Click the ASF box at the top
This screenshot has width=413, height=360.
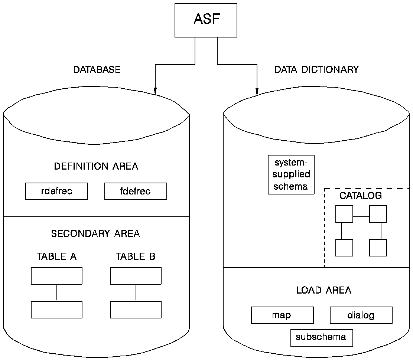click(x=206, y=20)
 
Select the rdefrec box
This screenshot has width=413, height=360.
click(x=56, y=192)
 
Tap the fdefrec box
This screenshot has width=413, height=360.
click(x=136, y=192)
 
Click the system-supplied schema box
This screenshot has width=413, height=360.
click(x=291, y=174)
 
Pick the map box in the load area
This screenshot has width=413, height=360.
click(x=282, y=315)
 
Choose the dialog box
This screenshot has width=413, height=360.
click(x=361, y=315)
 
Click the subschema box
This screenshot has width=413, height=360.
click(x=321, y=337)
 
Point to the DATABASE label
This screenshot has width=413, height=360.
click(x=97, y=70)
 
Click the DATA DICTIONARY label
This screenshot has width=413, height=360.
click(x=316, y=70)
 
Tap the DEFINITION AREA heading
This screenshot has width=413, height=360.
click(x=96, y=166)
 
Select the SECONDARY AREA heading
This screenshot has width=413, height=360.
click(x=95, y=234)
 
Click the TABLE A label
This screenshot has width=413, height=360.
click(x=56, y=256)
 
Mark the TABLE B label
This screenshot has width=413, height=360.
click(x=136, y=256)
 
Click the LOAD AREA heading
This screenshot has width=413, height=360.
click(x=324, y=290)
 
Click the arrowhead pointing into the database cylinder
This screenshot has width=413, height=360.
click(x=155, y=91)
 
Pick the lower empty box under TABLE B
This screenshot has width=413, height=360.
click(x=136, y=310)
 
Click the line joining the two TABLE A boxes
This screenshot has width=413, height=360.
click(x=56, y=292)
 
